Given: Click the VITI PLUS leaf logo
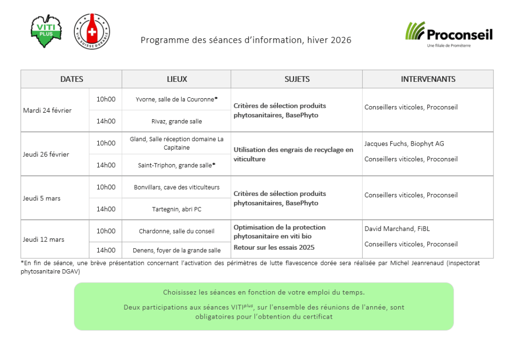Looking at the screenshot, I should click(x=46, y=31).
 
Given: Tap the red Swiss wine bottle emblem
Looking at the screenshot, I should click(x=92, y=31).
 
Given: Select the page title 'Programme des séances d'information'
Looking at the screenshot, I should click(x=246, y=40).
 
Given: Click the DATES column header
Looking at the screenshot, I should click(x=71, y=79).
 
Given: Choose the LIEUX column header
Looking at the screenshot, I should click(x=177, y=79).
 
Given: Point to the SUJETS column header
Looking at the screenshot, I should click(x=297, y=79).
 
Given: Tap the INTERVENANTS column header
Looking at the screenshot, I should click(x=428, y=79).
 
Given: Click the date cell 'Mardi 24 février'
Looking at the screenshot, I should click(x=47, y=110).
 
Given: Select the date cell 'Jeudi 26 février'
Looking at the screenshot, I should click(x=46, y=154).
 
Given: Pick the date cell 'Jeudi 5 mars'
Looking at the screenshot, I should click(x=41, y=198).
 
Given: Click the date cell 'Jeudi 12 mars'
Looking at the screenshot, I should click(x=43, y=239).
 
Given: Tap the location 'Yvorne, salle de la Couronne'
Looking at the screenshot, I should click(x=175, y=99).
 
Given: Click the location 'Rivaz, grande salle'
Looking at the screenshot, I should click(x=177, y=121).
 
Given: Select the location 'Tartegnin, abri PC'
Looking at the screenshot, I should click(x=177, y=209).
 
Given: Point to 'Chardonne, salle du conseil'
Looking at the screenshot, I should click(x=177, y=231).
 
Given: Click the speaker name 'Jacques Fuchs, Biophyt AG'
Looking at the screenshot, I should click(x=404, y=144).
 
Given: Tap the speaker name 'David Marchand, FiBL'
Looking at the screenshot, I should click(x=397, y=229).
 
